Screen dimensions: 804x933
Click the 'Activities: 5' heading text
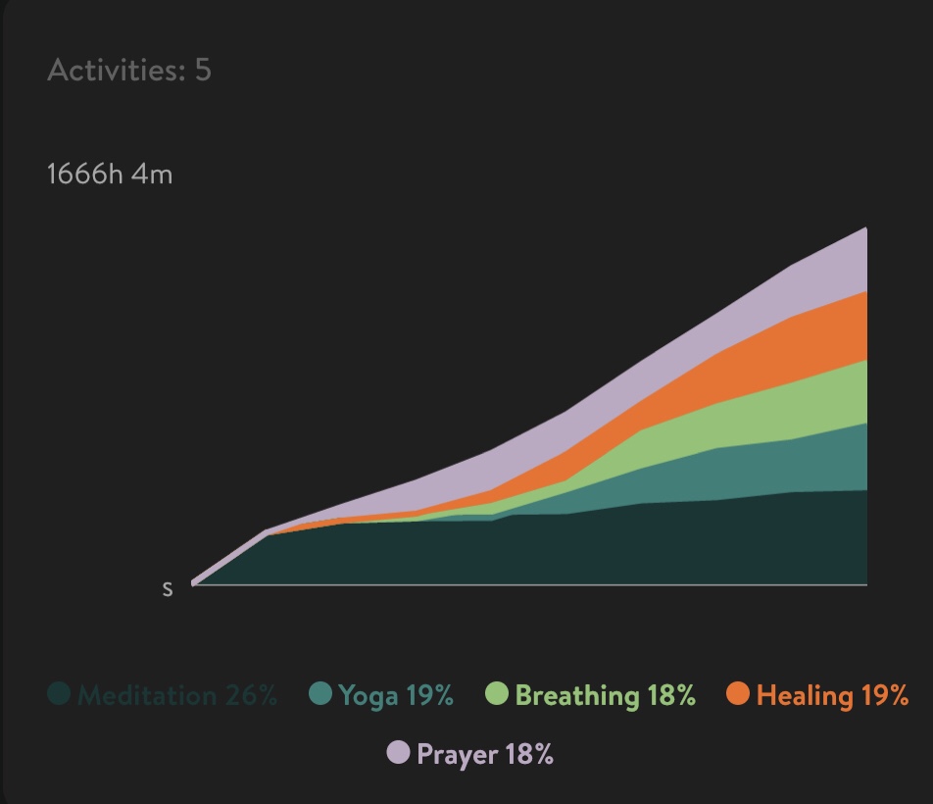[128, 71]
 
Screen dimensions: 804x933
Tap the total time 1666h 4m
[110, 176]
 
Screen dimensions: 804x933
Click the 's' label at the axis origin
[168, 589]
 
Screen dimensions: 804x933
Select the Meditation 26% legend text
[177, 696]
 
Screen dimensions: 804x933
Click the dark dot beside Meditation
[59, 695]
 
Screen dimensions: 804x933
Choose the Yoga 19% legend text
[396, 696]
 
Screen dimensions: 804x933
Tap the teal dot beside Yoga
[320, 695]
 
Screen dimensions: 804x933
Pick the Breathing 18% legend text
[605, 696]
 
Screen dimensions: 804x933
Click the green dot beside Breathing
[497, 695]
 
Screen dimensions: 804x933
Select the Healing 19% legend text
[832, 696]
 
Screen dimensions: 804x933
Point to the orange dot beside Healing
[738, 695]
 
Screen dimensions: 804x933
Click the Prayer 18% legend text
[485, 754]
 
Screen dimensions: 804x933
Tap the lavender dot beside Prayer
[398, 753]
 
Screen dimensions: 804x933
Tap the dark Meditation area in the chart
[686, 544]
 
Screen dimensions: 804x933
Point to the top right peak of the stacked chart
[865, 228]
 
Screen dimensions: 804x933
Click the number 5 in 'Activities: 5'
[202, 71]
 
